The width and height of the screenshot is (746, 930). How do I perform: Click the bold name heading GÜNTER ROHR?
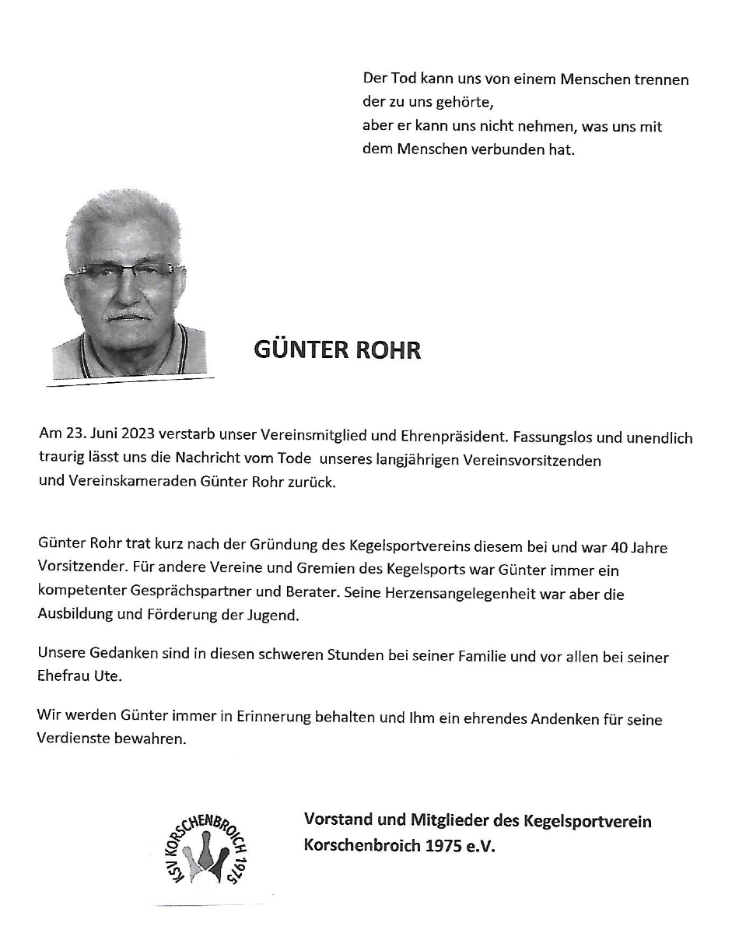pos(337,350)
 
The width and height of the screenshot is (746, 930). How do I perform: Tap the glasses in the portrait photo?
pos(128,272)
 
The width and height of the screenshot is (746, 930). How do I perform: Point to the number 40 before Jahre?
pos(618,547)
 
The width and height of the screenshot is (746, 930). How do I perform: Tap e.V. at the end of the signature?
pos(481,844)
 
